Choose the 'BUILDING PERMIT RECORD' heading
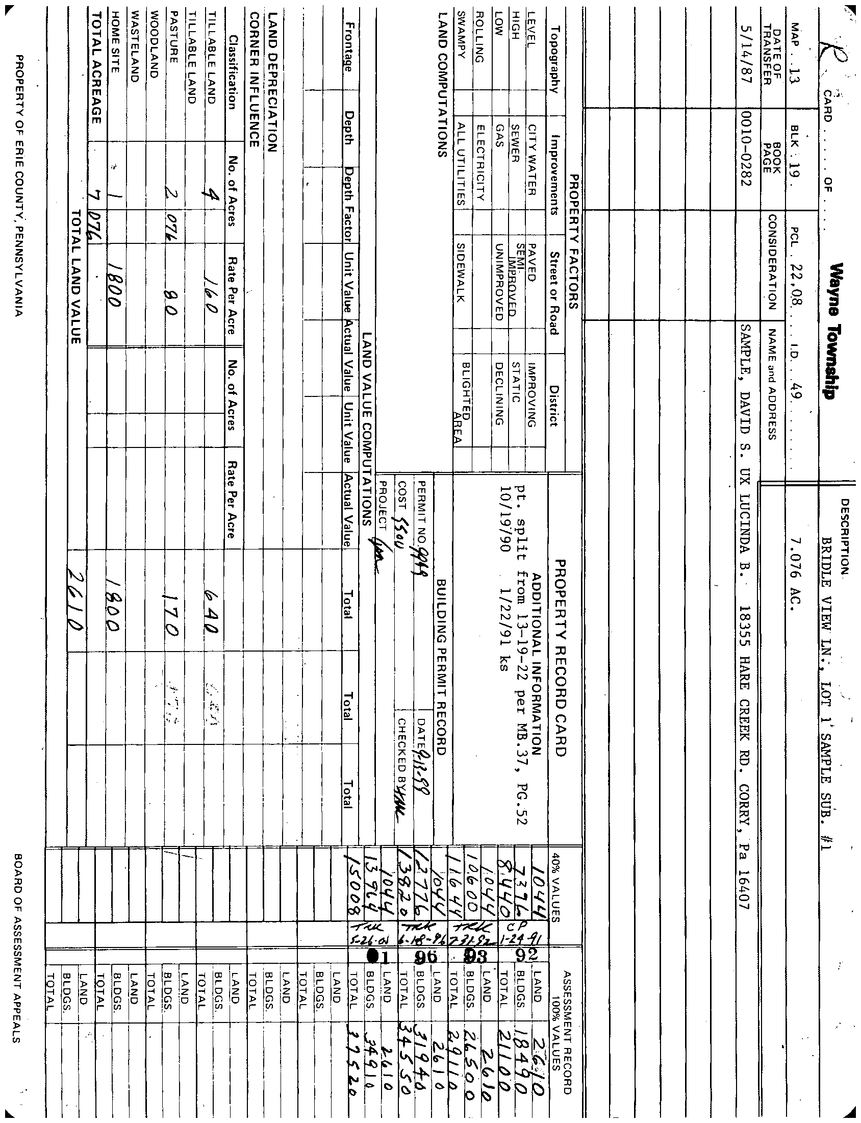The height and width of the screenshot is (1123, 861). coord(442,666)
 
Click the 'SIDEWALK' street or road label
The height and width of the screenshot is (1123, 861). coord(460,271)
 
